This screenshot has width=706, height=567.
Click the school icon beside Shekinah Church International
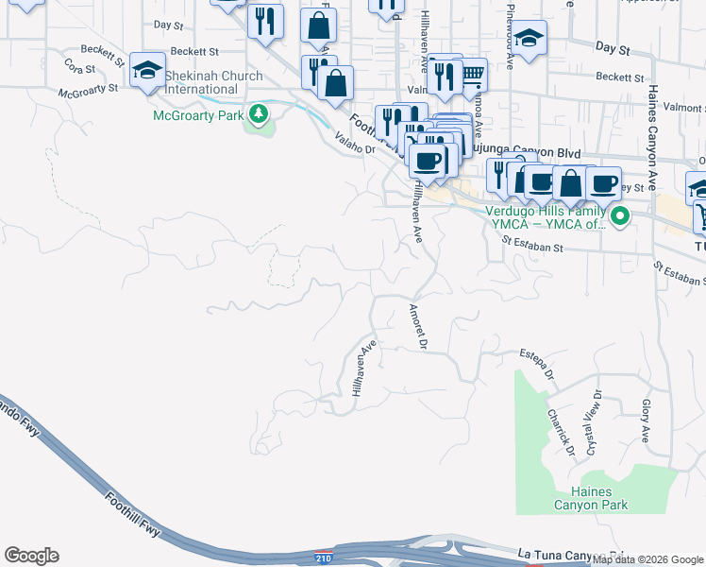[x=147, y=70]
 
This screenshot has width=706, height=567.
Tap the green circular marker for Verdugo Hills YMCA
[x=619, y=218]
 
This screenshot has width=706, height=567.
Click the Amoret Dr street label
[x=417, y=326]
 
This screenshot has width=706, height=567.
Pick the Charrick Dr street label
[x=560, y=431]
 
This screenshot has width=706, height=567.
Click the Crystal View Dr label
[x=593, y=421]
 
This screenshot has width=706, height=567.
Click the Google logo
[x=31, y=556]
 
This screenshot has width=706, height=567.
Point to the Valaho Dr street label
[x=355, y=143]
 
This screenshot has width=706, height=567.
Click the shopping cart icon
[x=472, y=73]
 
